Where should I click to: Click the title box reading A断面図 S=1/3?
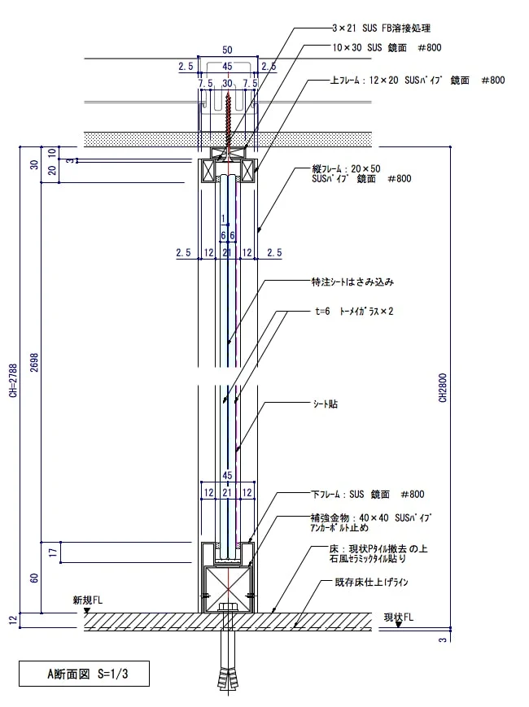[84, 674]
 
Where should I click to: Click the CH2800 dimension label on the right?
[443, 387]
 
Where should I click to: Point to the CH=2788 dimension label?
[13, 381]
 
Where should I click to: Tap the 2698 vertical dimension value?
[34, 362]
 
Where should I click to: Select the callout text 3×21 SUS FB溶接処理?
[381, 28]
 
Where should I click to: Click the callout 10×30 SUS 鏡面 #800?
[387, 47]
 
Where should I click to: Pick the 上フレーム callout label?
[418, 81]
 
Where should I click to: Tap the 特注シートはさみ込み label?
[352, 282]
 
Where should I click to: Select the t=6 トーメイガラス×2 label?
[354, 311]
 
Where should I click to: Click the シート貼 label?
[326, 404]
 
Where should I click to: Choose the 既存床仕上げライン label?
[371, 582]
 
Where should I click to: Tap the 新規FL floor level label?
[88, 600]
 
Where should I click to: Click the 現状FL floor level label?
[399, 618]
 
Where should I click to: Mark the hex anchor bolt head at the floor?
[229, 608]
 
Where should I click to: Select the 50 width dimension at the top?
[227, 50]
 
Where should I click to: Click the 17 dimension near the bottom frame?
[54, 552]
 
